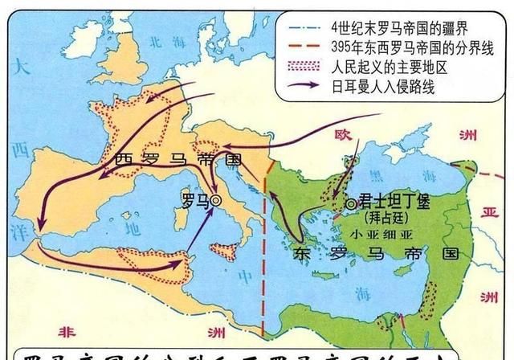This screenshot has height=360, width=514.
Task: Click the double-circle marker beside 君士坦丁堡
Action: coord(350,204)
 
